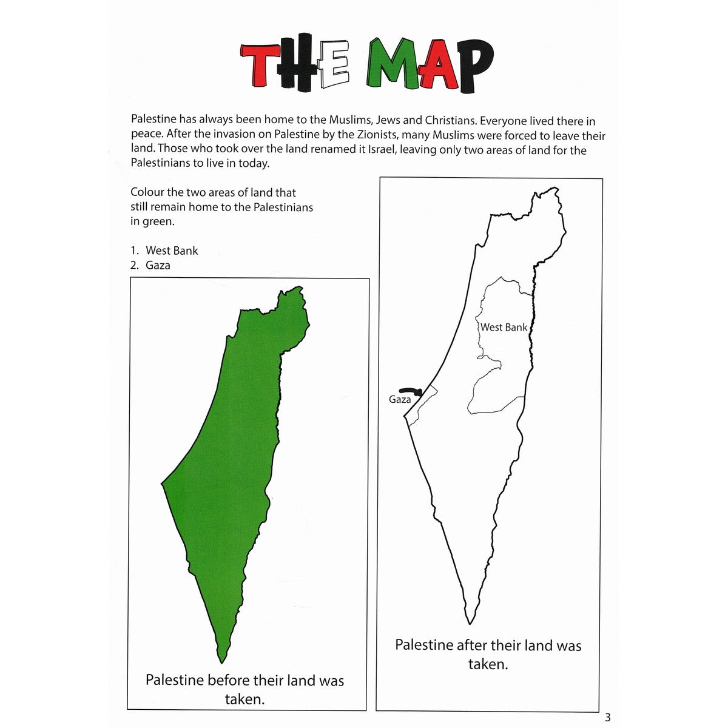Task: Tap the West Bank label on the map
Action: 504,328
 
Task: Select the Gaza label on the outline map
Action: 400,400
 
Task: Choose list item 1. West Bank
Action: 164,251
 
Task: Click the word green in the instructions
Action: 158,221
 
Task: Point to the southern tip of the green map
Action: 223,660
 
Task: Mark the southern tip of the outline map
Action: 470,622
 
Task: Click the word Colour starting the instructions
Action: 147,192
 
